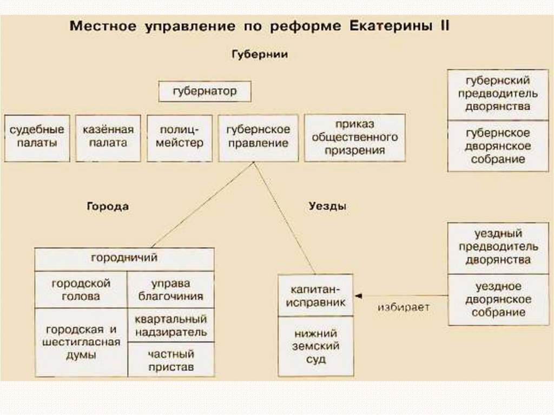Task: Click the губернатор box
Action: pyautogui.click(x=205, y=91)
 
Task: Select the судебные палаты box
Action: pyautogui.click(x=37, y=137)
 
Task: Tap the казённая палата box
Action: pyautogui.click(x=108, y=137)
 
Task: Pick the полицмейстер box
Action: pyautogui.click(x=181, y=137)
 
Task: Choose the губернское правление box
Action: pyautogui.click(x=258, y=137)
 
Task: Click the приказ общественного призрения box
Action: pyautogui.click(x=354, y=137)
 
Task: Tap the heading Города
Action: pyautogui.click(x=107, y=206)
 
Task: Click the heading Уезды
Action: pyautogui.click(x=328, y=206)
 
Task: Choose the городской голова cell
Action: pyautogui.click(x=81, y=289)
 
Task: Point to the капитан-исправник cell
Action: pyautogui.click(x=316, y=295)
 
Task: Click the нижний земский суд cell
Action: pyautogui.click(x=316, y=346)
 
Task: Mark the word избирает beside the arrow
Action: pyautogui.click(x=404, y=307)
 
